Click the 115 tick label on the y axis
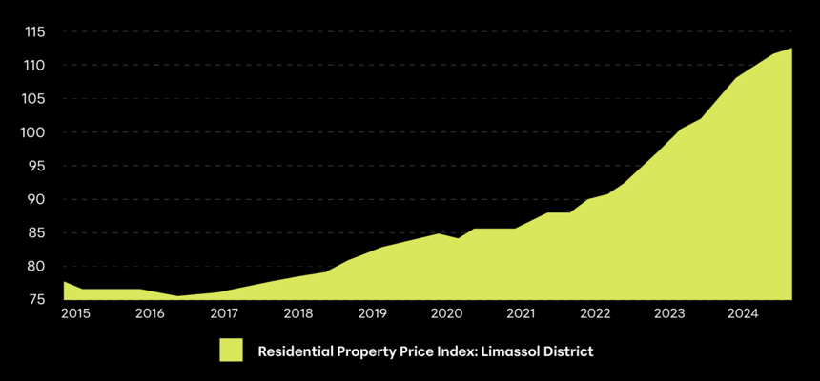point(35,32)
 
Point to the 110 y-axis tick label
point(35,66)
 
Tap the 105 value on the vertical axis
point(35,99)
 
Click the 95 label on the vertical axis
point(37,166)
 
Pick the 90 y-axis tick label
point(37,199)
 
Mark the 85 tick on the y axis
point(37,232)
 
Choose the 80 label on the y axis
point(37,266)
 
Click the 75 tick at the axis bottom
point(37,299)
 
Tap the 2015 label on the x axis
point(75,313)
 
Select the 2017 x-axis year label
point(224,313)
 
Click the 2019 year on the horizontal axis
point(372,313)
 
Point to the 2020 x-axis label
point(446,313)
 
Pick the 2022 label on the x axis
point(595,313)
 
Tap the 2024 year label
point(743,313)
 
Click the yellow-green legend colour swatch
point(232,351)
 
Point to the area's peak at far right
point(791,50)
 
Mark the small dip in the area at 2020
point(459,238)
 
